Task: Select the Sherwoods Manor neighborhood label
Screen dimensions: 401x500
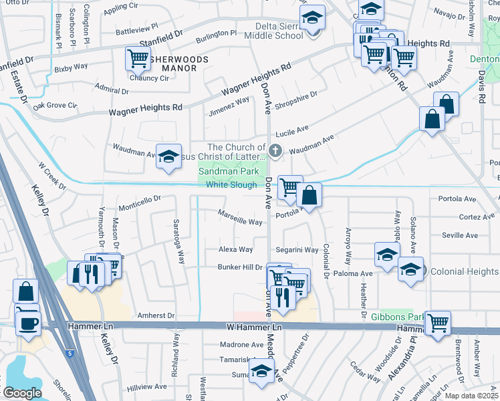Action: point(175,63)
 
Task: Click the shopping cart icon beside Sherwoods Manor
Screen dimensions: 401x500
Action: point(137,58)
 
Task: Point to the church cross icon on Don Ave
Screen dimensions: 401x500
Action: point(275,148)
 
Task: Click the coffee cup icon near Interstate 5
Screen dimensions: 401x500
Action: point(27,323)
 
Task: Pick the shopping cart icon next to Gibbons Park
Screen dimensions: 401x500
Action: point(437,323)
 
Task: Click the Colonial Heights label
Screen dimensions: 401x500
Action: point(464,271)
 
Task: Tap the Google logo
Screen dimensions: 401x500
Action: point(21,392)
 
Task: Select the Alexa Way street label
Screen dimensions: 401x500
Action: point(236,249)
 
